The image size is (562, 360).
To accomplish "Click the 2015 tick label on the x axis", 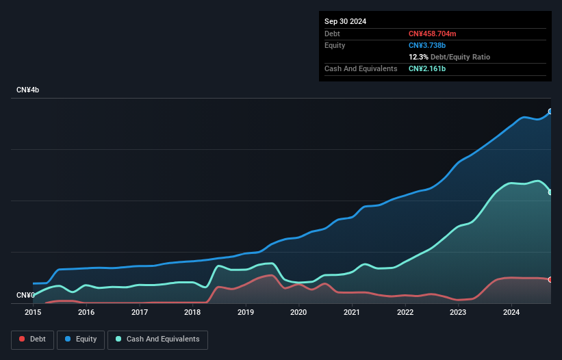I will pyautogui.click(x=33, y=313).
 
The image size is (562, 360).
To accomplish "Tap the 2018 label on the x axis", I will pyautogui.click(x=192, y=313).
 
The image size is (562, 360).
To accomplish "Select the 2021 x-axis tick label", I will pyautogui.click(x=352, y=313).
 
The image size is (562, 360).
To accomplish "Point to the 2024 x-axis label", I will pyautogui.click(x=511, y=313).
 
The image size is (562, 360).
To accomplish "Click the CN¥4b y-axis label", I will pyautogui.click(x=28, y=90).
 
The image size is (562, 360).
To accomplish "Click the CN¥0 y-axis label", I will pyautogui.click(x=25, y=296).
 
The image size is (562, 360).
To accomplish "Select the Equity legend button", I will pyautogui.click(x=81, y=339).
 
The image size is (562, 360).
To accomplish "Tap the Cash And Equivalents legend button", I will pyautogui.click(x=157, y=339).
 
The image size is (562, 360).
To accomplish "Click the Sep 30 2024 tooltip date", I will pyautogui.click(x=346, y=21).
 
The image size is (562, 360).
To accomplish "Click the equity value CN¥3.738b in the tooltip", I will pyautogui.click(x=428, y=45).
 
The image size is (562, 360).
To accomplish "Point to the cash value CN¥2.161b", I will pyautogui.click(x=428, y=69).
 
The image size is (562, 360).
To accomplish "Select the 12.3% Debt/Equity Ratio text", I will pyautogui.click(x=449, y=57).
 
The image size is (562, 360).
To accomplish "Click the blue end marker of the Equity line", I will pyautogui.click(x=550, y=111).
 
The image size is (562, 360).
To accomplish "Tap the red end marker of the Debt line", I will pyautogui.click(x=550, y=279).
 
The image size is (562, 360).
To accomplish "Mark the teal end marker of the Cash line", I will pyautogui.click(x=550, y=192).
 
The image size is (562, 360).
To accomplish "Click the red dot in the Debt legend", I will pyautogui.click(x=22, y=339).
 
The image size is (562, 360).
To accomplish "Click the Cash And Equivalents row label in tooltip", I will pyautogui.click(x=361, y=69).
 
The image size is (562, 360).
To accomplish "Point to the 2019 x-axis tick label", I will pyautogui.click(x=246, y=313).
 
